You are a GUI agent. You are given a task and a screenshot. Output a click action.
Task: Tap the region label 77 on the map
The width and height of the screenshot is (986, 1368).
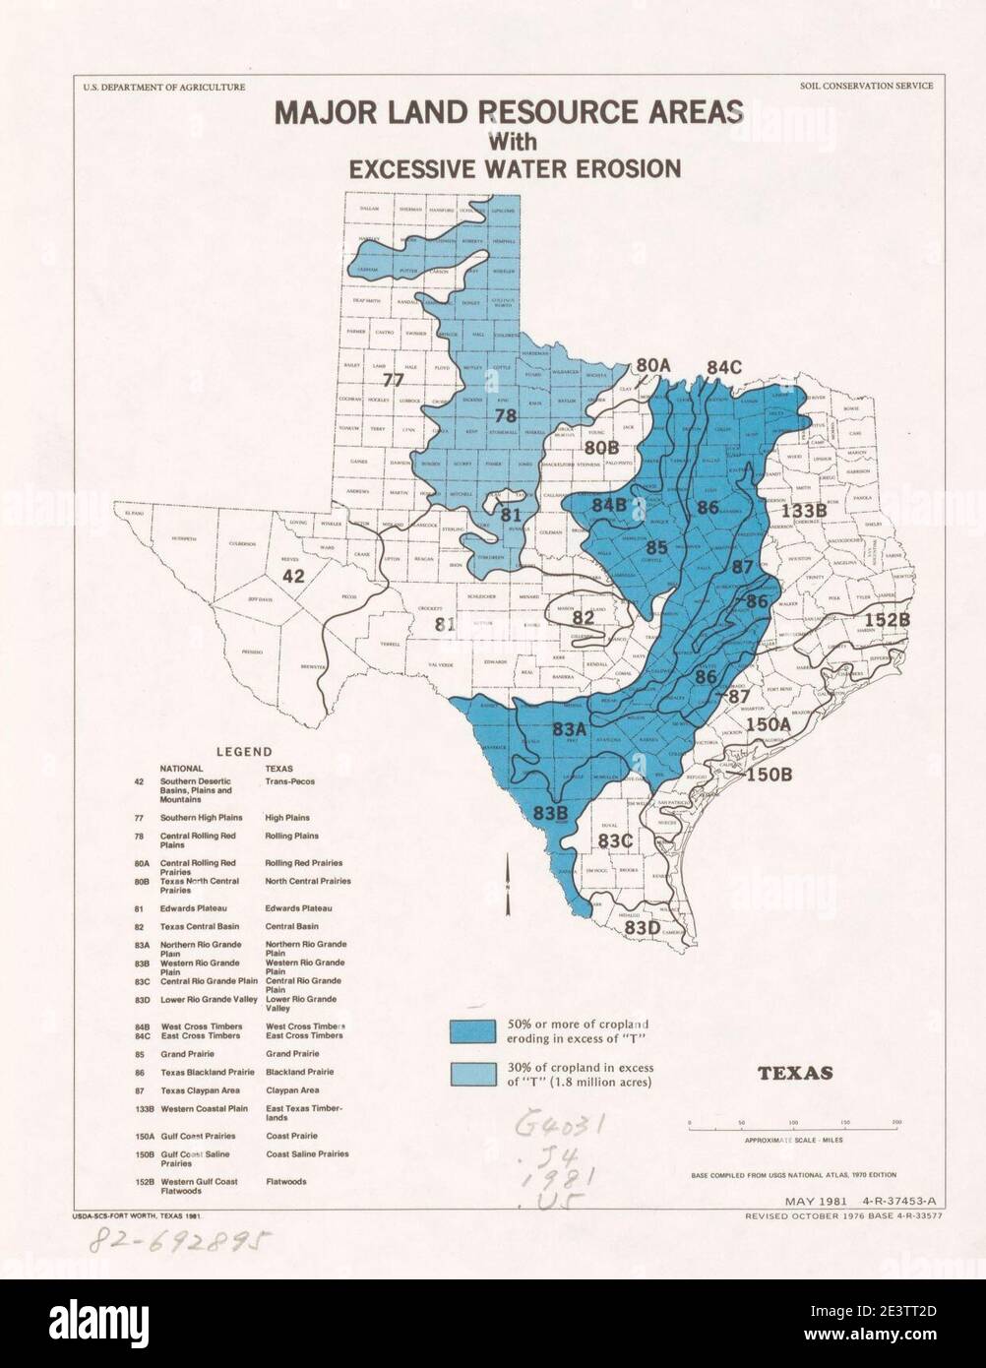[394, 380]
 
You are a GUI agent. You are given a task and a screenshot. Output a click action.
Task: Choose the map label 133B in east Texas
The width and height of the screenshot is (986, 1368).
[803, 510]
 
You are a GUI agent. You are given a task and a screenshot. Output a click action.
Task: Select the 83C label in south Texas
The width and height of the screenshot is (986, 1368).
[615, 839]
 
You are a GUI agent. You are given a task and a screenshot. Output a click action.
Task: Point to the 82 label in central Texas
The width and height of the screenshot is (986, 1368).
[583, 617]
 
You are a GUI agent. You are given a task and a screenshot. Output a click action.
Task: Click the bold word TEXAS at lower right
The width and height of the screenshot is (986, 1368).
[795, 1072]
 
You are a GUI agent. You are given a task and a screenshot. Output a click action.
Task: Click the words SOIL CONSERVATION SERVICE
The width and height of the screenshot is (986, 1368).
[867, 87]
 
